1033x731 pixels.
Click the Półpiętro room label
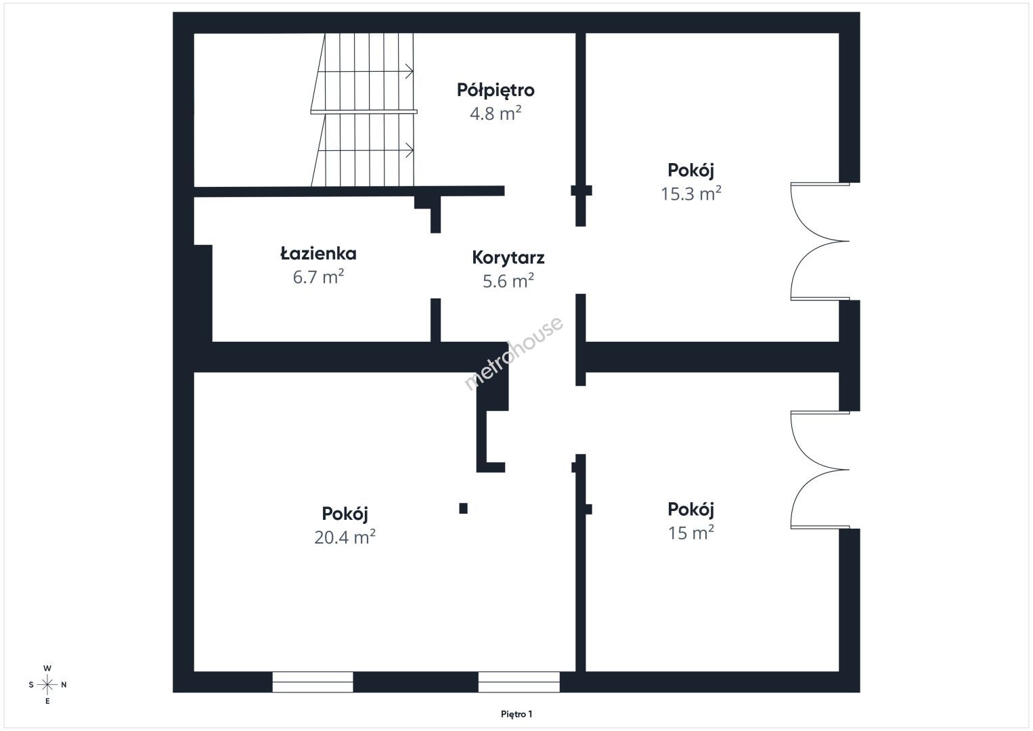(x=496, y=91)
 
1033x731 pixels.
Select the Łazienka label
(x=319, y=253)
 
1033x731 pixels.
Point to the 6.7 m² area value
(x=319, y=277)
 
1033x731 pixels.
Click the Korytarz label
(x=508, y=257)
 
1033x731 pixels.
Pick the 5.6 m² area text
(x=508, y=281)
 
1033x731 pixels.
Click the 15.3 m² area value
(x=691, y=194)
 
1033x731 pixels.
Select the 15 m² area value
(x=691, y=533)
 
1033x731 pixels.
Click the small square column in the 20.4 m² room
(x=464, y=508)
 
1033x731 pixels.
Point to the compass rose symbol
(x=47, y=685)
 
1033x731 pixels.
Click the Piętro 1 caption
(x=516, y=714)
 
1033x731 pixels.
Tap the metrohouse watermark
(x=513, y=353)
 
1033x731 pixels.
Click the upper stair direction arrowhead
(x=409, y=72)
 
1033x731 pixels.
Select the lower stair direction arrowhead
(x=409, y=150)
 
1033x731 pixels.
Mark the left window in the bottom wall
(x=313, y=682)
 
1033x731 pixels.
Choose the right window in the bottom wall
(x=519, y=682)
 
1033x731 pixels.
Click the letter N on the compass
(x=64, y=685)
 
